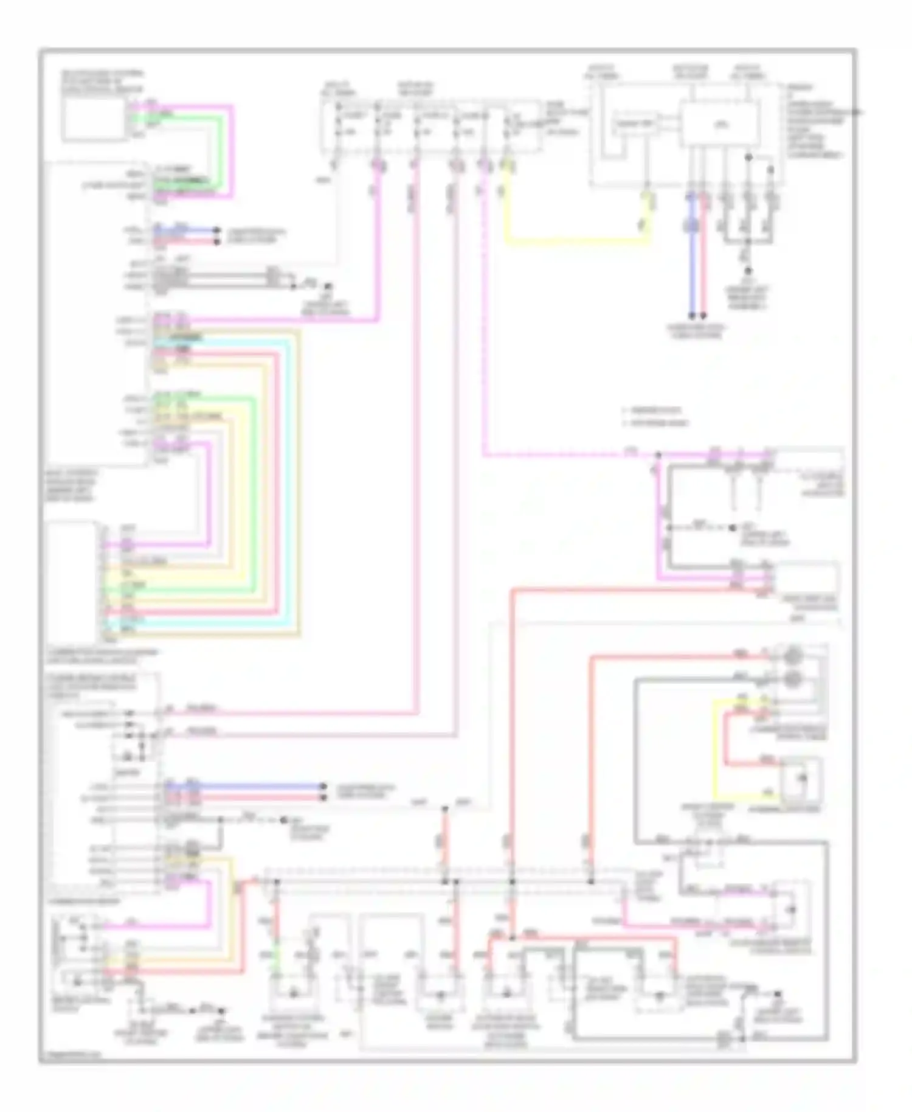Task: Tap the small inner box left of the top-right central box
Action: (635, 124)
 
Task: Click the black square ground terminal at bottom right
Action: (777, 995)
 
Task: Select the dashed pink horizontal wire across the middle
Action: (565, 454)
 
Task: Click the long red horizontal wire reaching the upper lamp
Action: (669, 656)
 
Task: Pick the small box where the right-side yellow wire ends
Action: (800, 779)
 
